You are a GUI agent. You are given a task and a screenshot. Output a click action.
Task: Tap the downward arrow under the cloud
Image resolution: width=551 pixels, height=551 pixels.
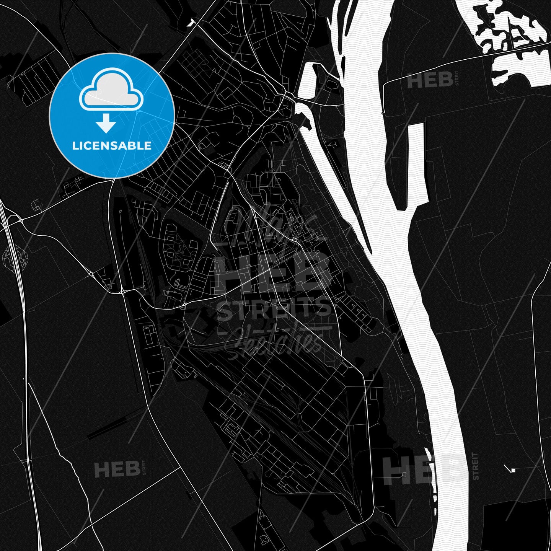pyautogui.click(x=106, y=125)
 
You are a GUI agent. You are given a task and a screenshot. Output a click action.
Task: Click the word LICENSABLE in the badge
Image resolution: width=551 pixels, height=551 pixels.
pyautogui.click(x=112, y=146)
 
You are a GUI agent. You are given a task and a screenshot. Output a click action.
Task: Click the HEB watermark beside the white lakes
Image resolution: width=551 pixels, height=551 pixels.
pyautogui.click(x=430, y=81)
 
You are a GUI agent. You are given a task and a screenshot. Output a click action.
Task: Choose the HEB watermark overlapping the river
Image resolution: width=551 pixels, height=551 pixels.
pyautogui.click(x=425, y=469)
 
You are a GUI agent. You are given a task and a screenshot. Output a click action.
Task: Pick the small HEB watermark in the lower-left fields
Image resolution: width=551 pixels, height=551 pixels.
pyautogui.click(x=117, y=468)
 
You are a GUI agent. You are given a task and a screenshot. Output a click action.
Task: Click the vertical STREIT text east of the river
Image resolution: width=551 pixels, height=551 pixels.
pyautogui.click(x=475, y=466)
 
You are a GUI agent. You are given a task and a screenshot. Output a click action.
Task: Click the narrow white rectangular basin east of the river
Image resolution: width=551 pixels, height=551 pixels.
pyautogui.click(x=416, y=161)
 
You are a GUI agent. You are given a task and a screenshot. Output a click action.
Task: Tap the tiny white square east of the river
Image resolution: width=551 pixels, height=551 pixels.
pyautogui.click(x=514, y=470)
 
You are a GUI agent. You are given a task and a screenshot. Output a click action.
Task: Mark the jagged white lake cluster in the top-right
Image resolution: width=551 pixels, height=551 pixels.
pyautogui.click(x=509, y=31)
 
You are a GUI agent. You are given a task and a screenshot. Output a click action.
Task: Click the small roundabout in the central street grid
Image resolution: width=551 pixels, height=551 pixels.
pyautogui.click(x=295, y=240)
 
